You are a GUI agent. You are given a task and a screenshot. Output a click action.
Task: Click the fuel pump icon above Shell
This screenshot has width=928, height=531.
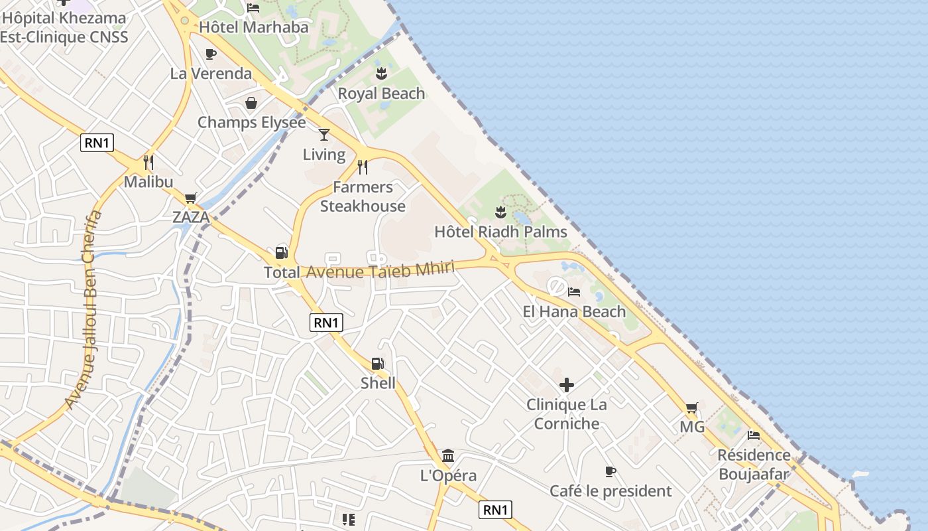pos(377,364)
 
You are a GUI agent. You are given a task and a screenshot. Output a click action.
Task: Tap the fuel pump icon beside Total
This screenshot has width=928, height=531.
pos(281,253)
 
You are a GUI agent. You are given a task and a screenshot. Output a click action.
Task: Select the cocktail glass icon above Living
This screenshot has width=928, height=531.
pos(324,135)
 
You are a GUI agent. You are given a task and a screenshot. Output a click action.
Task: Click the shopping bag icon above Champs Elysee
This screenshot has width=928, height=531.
pos(251,103)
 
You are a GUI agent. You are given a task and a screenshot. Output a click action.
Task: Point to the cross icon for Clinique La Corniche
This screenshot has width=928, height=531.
pos(567,385)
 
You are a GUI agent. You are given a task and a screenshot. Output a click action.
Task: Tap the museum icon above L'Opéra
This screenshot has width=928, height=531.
pos(448,456)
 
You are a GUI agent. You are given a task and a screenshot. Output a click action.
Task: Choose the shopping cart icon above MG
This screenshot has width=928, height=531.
pos(691,408)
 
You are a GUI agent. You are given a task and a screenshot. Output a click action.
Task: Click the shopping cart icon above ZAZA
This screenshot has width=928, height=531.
pos(191,198)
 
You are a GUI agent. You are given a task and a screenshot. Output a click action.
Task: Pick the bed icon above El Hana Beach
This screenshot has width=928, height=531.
pos(574,292)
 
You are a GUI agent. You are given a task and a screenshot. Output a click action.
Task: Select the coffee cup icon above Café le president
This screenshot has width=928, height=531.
pos(610,472)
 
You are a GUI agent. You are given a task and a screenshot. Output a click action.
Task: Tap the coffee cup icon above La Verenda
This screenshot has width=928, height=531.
pos(211,54)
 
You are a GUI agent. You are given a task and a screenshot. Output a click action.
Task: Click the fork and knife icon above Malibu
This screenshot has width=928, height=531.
pos(148,163)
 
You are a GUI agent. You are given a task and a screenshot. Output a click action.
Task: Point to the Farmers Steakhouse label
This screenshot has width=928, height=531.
pos(363,196)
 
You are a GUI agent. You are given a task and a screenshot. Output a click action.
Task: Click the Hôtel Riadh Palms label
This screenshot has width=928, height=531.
pos(500,232)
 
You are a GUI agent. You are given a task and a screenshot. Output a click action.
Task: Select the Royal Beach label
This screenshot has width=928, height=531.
pos(381,94)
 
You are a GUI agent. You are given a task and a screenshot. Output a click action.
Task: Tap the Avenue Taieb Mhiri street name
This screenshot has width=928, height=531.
pos(380,270)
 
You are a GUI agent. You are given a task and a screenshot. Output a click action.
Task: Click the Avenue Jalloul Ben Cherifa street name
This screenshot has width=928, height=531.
pos(85,309)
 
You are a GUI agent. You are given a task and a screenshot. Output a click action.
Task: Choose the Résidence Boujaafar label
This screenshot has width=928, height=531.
pos(754,465)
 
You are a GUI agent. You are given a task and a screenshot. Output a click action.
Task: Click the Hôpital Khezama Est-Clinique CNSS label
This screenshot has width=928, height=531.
pos(64,27)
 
